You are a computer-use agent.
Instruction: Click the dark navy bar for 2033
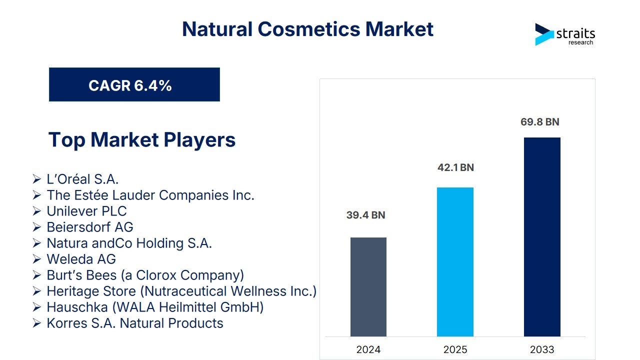pyautogui.click(x=542, y=237)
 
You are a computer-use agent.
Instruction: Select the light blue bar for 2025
pyautogui.click(x=455, y=261)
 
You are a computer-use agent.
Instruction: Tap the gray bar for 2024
pyautogui.click(x=368, y=287)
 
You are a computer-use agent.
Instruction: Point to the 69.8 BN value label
pyautogui.click(x=539, y=122)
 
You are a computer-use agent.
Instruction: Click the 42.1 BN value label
pyautogui.click(x=455, y=167)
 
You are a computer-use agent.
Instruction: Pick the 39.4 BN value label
pyautogui.click(x=365, y=215)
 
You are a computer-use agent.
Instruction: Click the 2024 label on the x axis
pyautogui.click(x=368, y=349)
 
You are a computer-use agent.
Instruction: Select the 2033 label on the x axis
pyautogui.click(x=542, y=349)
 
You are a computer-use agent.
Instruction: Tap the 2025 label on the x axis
pyautogui.click(x=455, y=349)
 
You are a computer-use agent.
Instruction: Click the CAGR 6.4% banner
pyautogui.click(x=134, y=84)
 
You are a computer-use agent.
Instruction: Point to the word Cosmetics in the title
pyautogui.click(x=309, y=29)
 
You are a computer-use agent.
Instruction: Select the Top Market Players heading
pyautogui.click(x=142, y=139)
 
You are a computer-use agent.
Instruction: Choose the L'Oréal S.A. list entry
pyautogui.click(x=82, y=179)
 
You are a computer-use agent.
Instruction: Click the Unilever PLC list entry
pyautogui.click(x=86, y=211)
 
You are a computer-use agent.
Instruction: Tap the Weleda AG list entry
pyautogui.click(x=81, y=259)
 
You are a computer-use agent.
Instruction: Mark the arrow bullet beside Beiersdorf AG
pyautogui.click(x=36, y=227)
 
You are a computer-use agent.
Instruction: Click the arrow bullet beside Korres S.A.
pyautogui.click(x=36, y=323)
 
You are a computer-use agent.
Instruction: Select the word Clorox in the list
pyautogui.click(x=156, y=275)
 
